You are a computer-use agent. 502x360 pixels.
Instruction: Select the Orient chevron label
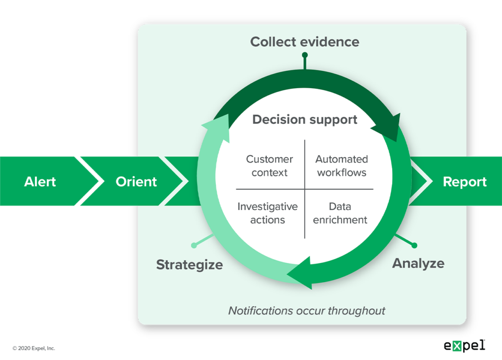(x=136, y=182)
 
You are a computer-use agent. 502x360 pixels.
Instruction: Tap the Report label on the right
(x=464, y=182)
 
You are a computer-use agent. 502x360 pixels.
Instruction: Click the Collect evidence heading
(x=304, y=42)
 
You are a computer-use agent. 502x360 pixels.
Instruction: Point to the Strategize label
(x=189, y=265)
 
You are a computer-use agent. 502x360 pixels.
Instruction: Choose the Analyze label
(x=418, y=263)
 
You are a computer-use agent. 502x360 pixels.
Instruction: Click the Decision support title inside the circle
(x=304, y=120)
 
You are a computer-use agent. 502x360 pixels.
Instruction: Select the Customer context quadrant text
(x=270, y=166)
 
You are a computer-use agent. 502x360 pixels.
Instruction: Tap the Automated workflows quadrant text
(x=341, y=166)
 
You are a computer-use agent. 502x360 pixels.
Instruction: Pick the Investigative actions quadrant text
(x=268, y=213)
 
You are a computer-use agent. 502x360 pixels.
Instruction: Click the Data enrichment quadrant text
(x=340, y=213)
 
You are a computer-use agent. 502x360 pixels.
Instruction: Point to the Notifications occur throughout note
(x=307, y=311)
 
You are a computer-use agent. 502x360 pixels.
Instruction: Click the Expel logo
(x=464, y=345)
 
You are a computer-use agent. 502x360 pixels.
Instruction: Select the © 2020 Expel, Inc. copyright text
(x=34, y=348)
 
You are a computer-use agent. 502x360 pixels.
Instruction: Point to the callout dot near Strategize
(x=194, y=245)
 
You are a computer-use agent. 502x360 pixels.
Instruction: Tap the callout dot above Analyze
(x=415, y=245)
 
